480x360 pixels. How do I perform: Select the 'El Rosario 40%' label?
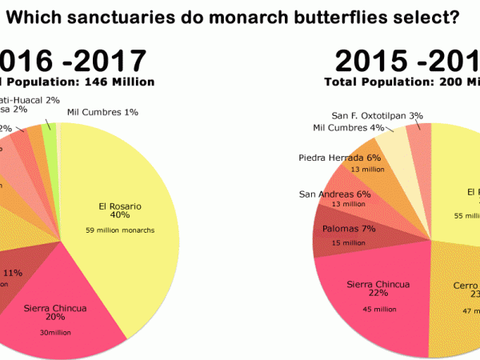[115, 210]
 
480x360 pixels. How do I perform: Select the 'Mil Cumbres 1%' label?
[102, 112]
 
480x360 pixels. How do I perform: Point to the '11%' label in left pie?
[13, 274]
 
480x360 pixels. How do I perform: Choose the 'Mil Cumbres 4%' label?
[349, 127]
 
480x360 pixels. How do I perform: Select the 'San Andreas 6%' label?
[335, 194]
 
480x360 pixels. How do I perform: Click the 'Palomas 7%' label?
[337, 228]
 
